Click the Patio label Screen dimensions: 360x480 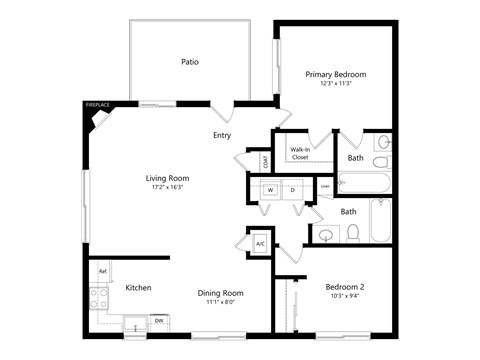(x=190, y=62)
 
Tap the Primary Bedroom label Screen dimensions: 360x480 (x=336, y=74)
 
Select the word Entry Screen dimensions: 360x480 (x=222, y=135)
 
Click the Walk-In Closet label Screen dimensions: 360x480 (x=299, y=153)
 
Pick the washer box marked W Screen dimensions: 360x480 (x=269, y=189)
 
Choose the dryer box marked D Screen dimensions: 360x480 (x=293, y=189)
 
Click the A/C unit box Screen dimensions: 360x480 (x=260, y=243)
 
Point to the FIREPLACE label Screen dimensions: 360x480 (x=97, y=105)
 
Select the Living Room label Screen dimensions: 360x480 (x=170, y=178)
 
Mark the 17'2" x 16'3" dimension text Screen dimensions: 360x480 (x=170, y=188)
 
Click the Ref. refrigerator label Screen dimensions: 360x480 (x=102, y=271)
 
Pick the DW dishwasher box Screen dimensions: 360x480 (x=159, y=320)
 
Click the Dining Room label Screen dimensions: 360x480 (x=224, y=293)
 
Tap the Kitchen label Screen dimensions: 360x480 (x=138, y=288)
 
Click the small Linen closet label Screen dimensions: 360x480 (x=325, y=186)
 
